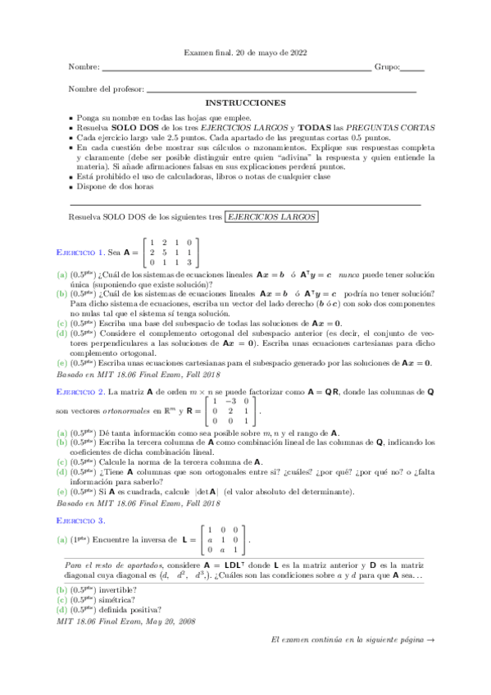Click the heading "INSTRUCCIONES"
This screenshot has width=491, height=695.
click(245, 103)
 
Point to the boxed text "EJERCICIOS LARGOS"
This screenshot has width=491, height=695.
click(271, 216)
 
